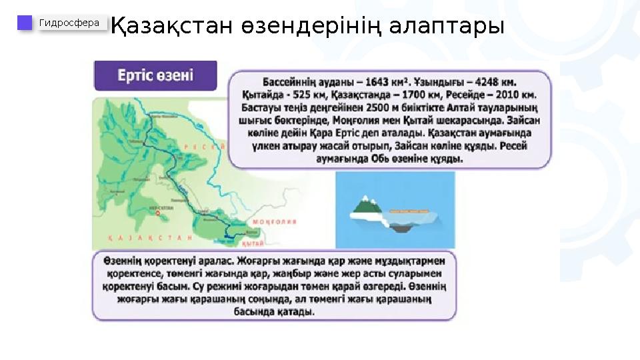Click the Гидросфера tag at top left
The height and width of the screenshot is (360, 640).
pos(70,23)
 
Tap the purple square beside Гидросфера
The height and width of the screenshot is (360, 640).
pos(25,23)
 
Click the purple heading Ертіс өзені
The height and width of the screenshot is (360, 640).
pos(155,75)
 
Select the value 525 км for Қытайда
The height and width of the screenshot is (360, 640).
pos(307,95)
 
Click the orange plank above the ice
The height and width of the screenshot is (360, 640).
pos(409,209)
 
